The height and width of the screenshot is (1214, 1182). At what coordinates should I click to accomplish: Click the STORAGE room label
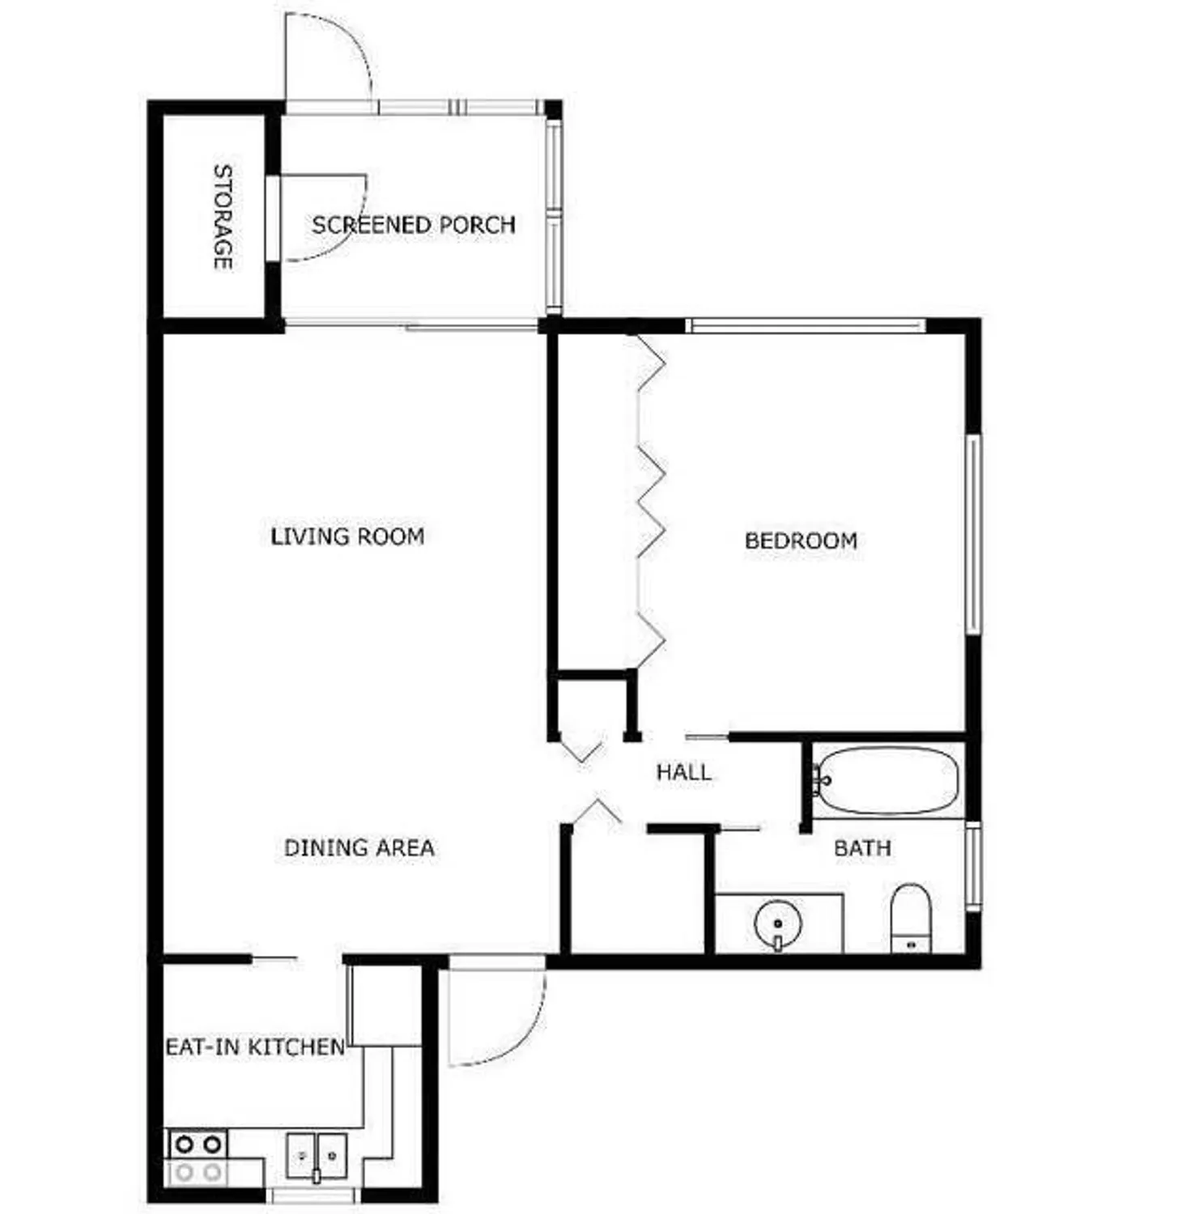223,217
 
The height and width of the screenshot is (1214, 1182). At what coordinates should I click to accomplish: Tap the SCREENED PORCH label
413,224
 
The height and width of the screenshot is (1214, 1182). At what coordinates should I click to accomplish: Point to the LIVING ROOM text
347,536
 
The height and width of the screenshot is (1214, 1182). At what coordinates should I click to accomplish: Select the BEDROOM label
801,540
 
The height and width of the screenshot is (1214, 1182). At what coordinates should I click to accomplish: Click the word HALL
684,772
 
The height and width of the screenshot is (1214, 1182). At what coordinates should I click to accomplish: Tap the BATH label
862,848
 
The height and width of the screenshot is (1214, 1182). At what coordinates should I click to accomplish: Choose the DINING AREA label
359,847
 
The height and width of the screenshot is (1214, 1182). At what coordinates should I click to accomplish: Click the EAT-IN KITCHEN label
255,1046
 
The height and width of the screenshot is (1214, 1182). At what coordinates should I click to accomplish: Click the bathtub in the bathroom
887,780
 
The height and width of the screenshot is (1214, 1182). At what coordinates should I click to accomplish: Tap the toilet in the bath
911,919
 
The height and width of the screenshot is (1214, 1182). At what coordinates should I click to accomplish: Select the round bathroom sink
777,923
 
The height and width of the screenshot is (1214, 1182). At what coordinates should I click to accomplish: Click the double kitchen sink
317,1156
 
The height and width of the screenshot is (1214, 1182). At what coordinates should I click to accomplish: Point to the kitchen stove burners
198,1158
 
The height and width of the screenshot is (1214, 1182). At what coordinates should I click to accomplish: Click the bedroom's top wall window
806,325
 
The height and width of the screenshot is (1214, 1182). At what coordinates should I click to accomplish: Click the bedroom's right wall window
973,534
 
